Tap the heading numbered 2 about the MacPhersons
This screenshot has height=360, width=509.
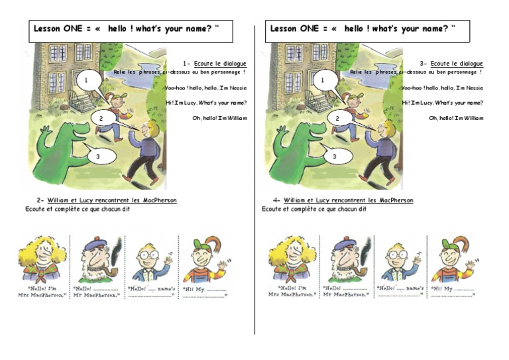(106, 200)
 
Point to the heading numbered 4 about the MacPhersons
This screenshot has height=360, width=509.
(342, 200)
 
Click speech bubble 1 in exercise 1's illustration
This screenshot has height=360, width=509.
(86, 81)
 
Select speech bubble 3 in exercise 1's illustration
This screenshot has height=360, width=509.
(97, 156)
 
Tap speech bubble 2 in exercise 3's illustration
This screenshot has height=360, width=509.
(337, 119)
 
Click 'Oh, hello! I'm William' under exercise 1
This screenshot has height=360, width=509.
(219, 118)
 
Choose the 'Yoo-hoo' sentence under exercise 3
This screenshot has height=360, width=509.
(442, 88)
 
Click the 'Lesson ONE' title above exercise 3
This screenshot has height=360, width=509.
(367, 29)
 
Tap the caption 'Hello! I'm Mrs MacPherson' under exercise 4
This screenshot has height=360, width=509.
(292, 292)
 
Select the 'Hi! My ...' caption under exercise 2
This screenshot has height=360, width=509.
(206, 292)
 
